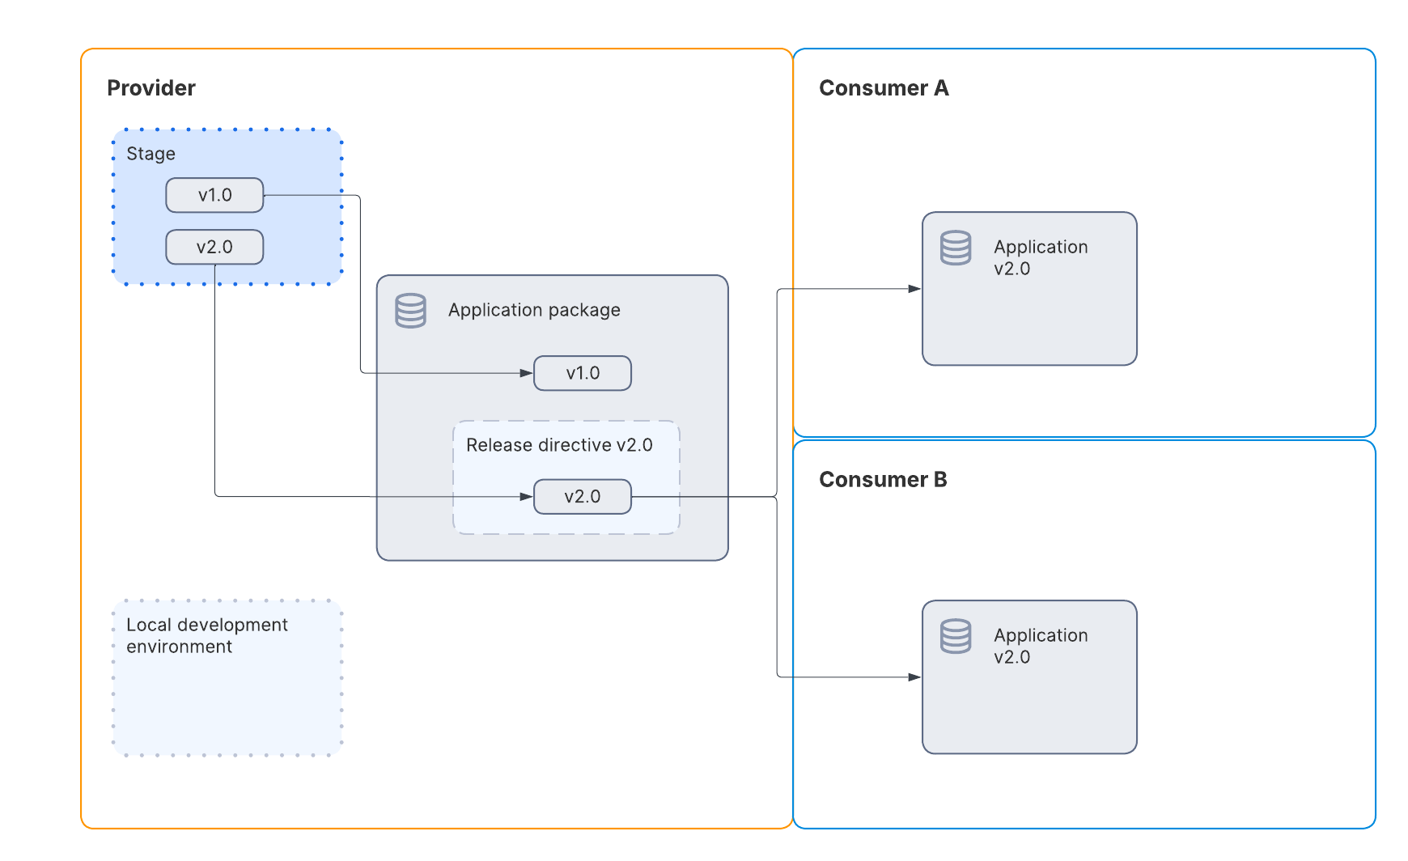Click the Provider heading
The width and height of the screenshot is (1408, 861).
click(151, 88)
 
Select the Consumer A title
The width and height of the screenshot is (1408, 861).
click(883, 88)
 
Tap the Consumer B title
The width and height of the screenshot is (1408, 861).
click(882, 480)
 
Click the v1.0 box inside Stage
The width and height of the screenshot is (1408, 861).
click(214, 195)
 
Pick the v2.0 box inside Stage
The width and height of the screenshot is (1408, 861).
click(214, 247)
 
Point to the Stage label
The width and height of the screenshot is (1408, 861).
click(151, 154)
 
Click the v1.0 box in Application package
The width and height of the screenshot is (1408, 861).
click(583, 373)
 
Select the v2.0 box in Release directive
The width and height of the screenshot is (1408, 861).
click(583, 497)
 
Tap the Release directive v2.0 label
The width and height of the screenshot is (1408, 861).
click(559, 445)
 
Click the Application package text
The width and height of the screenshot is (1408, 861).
click(534, 310)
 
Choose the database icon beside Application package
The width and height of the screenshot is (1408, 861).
click(410, 311)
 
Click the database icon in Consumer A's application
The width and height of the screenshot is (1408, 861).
click(956, 248)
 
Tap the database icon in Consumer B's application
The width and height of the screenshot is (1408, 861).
click(956, 637)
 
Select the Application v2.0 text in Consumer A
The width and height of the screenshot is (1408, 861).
click(1040, 257)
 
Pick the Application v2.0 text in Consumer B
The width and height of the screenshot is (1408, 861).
click(1040, 646)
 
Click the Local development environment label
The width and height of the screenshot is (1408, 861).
click(206, 635)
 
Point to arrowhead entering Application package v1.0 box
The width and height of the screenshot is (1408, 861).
click(527, 373)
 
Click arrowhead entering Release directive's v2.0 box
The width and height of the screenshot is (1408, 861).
click(527, 497)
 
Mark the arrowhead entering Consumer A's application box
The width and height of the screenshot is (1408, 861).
click(914, 289)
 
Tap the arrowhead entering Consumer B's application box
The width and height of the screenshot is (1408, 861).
click(914, 677)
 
